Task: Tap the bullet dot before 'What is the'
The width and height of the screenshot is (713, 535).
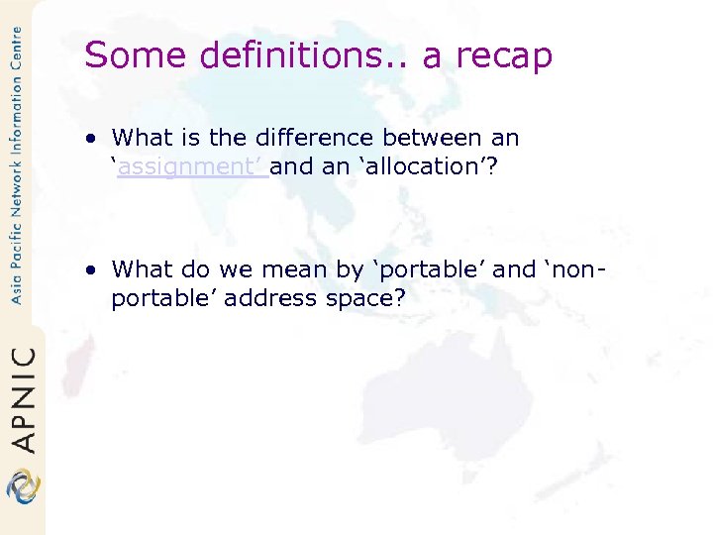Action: coord(91,138)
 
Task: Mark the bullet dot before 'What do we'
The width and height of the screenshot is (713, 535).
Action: coord(91,268)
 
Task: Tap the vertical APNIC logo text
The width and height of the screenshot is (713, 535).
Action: coord(23,399)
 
